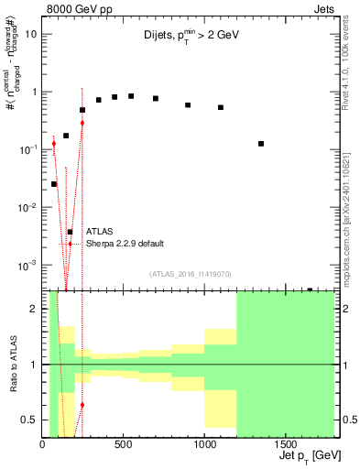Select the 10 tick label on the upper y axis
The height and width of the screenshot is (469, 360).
[x=31, y=34]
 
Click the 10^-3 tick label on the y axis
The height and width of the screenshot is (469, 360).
[x=27, y=265]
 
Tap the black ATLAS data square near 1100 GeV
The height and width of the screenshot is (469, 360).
[x=221, y=107]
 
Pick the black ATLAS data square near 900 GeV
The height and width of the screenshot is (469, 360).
[x=188, y=105]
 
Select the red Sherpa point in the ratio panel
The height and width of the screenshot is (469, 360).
[x=82, y=404]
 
